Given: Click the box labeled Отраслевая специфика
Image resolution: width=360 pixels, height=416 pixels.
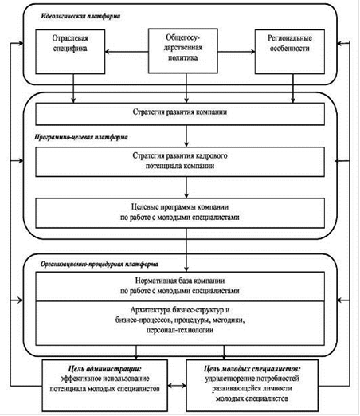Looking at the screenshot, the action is coord(70,52).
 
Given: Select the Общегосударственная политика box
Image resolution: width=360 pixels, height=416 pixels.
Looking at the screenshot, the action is coord(183,51).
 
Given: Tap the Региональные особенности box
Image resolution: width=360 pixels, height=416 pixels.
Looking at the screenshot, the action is coord(290,52).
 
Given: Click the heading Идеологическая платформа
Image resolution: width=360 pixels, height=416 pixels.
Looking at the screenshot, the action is coord(80,16).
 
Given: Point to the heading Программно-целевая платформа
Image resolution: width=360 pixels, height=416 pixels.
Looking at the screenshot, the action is coord(81,137).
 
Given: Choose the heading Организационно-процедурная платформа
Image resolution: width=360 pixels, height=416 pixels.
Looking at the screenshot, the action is coord(100,265).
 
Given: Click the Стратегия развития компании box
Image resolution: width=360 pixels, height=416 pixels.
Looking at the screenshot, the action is coord(180,114).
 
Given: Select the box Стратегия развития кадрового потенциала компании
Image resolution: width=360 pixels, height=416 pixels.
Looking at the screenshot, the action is coord(180,162).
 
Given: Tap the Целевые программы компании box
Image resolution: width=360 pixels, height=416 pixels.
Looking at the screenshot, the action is coord(180,213).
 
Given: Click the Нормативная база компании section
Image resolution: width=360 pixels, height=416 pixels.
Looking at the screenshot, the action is coord(180,286).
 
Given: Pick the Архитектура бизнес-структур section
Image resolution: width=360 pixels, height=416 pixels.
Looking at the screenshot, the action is coord(180,324).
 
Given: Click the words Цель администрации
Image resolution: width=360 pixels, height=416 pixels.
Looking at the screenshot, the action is coord(105,369).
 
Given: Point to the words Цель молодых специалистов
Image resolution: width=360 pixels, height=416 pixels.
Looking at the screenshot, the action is coord(252,369).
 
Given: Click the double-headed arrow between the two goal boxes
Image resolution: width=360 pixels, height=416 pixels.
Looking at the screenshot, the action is coord(177,385).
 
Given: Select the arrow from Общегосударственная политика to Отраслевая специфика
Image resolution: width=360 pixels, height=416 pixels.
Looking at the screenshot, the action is coord(127,52).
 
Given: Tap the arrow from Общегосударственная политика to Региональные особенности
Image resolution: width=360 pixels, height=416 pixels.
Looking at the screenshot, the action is coord(237,52).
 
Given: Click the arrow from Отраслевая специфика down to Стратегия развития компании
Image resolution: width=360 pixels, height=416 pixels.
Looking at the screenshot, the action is coord(73,88).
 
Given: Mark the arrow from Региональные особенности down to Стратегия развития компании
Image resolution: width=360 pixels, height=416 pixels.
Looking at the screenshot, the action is coord(293,88).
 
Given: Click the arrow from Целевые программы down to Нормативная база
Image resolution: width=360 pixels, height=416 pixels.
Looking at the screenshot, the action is coord(186,250).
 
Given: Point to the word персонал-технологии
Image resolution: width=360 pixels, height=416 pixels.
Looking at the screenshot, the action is coord(180,331).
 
